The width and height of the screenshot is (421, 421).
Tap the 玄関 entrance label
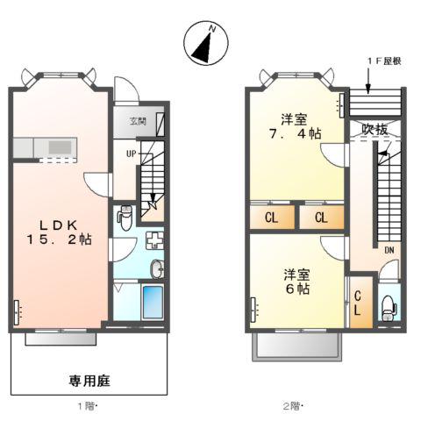tap(139, 122)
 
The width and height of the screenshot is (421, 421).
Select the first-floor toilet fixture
tap(125, 215)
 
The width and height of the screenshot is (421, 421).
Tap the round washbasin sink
tap(156, 268)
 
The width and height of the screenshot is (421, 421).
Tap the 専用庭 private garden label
tap(89, 382)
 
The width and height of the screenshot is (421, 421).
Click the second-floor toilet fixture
tap(389, 308)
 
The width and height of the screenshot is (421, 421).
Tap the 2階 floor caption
tap(294, 406)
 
